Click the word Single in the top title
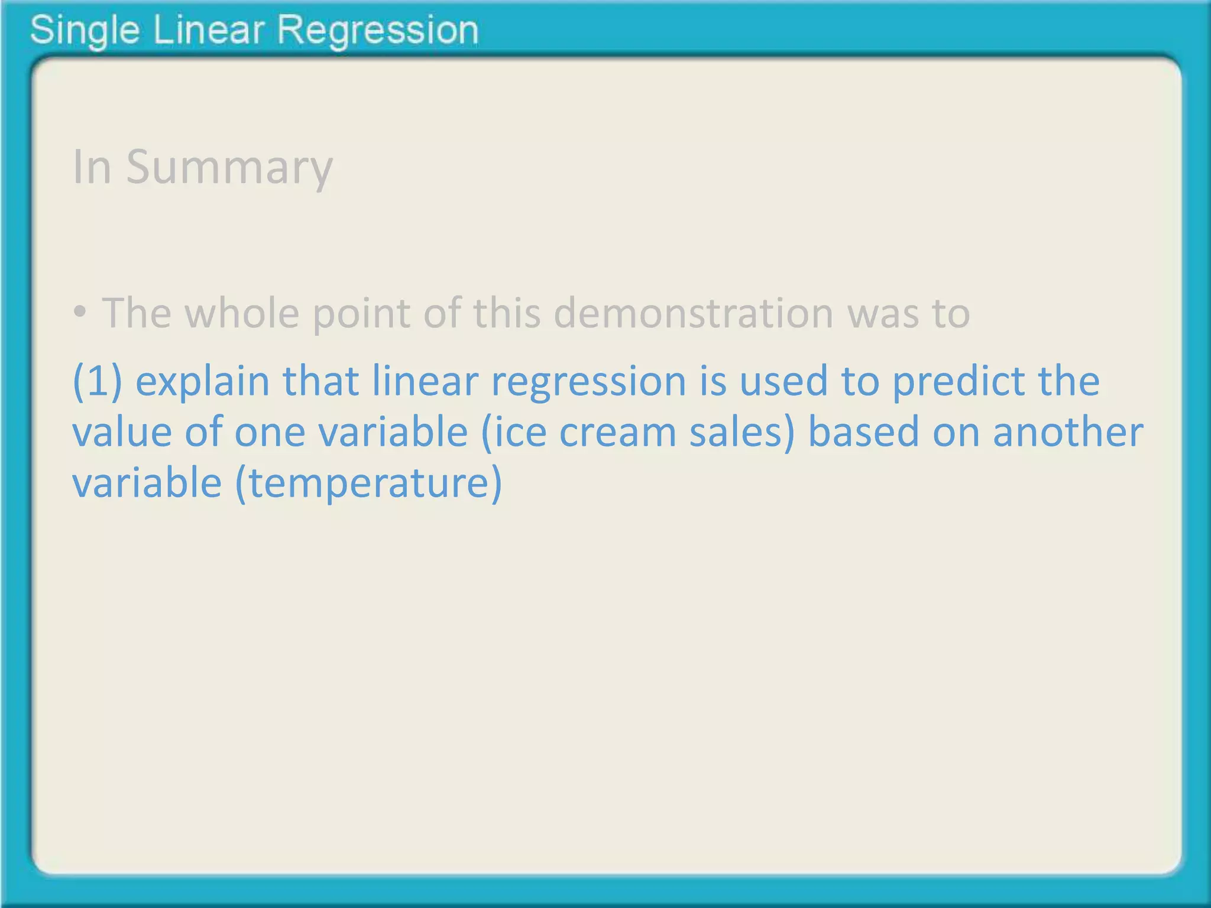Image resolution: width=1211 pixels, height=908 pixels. (84, 31)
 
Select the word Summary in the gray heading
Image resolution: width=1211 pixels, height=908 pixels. (229, 168)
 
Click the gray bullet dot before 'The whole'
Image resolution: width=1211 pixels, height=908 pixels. (80, 312)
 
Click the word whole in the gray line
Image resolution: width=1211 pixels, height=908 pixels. (242, 313)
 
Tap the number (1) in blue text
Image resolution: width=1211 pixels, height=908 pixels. (97, 381)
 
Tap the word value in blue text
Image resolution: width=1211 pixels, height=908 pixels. (122, 432)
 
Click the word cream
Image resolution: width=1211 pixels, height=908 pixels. (617, 432)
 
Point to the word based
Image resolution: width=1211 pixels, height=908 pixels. (863, 432)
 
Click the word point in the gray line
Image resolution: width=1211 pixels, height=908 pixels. (361, 313)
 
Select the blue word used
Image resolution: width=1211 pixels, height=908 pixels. (783, 381)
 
